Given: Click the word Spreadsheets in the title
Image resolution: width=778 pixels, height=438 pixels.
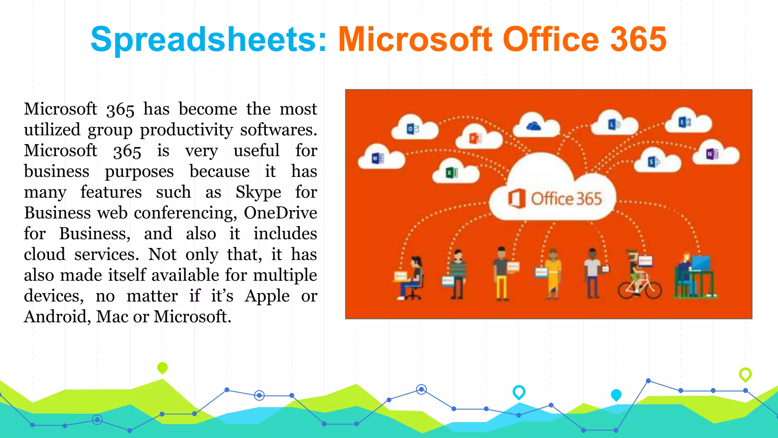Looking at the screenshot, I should (x=208, y=39).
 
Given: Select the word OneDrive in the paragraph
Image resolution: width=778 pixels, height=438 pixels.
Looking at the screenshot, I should (x=280, y=213).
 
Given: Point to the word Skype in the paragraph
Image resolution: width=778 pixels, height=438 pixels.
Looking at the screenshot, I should (x=258, y=192).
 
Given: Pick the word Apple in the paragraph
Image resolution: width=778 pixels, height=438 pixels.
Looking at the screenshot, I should (x=267, y=296).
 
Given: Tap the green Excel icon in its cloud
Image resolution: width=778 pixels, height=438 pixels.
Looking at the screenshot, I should (x=452, y=173).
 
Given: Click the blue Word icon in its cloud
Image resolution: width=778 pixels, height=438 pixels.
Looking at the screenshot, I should (x=378, y=158).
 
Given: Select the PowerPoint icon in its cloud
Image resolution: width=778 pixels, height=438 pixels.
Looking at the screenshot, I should (x=475, y=138).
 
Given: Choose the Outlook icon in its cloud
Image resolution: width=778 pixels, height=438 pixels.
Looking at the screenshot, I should (x=413, y=129).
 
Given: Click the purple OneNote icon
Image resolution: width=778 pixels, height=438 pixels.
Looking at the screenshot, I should (x=712, y=154).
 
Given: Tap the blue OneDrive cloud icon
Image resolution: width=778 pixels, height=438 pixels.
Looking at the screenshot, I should (x=534, y=126).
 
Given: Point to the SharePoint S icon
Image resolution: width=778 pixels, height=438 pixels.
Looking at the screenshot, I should (x=653, y=162).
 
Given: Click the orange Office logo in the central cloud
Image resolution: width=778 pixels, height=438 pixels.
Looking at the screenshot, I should (x=517, y=198).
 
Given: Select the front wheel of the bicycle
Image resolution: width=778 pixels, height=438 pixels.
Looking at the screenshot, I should (x=653, y=290).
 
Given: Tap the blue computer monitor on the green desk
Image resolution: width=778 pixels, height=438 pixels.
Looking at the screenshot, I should (x=701, y=262).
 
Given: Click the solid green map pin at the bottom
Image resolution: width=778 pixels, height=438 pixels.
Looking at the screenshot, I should (x=162, y=368).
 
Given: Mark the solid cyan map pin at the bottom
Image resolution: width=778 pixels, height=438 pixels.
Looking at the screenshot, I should (x=616, y=395).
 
